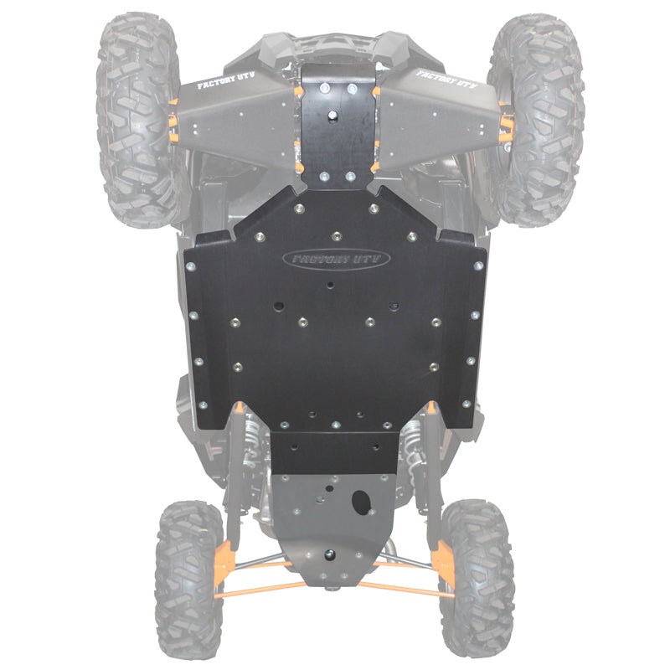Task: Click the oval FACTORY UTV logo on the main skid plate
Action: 336,259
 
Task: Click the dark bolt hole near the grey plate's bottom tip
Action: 328,554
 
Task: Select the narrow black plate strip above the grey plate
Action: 335,453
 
